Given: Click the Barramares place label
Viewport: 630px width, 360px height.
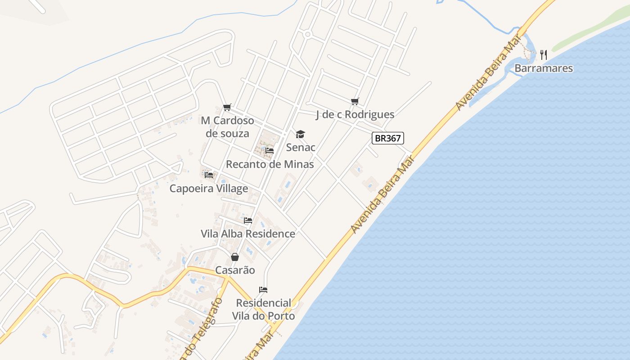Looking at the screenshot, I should coord(544,68).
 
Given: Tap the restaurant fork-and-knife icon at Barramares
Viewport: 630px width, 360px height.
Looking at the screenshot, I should coord(544,55).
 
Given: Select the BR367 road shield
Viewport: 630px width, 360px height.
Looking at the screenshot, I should coord(387,138).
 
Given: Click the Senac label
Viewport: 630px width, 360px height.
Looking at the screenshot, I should coord(301,147).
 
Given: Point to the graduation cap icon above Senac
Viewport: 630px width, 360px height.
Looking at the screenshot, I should coord(300,134).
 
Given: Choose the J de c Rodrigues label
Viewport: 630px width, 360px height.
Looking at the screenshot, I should coord(355,115).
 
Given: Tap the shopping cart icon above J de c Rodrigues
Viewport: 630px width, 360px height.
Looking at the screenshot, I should coord(355,102).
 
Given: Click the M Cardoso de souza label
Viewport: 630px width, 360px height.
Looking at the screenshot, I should coord(227,127).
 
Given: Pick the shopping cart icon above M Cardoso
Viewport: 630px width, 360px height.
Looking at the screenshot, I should coord(227,107).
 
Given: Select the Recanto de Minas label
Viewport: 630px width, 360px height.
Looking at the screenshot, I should coord(270,164).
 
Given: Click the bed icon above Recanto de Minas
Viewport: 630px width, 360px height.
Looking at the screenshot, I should coord(270,150).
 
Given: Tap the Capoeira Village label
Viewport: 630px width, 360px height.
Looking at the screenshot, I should coord(208,189).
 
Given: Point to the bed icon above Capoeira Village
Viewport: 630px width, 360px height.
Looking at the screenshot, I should coord(209,175).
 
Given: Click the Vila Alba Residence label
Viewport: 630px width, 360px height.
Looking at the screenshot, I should coord(247,234).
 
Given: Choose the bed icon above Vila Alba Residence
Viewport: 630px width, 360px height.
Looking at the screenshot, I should coord(247,220).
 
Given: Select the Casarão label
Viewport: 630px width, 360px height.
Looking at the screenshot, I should coord(235,270).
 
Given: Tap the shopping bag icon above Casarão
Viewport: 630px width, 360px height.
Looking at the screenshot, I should coord(235,257).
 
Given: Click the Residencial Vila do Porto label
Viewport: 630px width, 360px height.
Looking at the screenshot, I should coord(263,309).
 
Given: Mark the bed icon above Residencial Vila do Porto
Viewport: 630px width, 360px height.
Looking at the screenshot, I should coord(263,289).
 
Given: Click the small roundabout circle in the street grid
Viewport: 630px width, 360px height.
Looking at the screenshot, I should coord(308,34).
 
